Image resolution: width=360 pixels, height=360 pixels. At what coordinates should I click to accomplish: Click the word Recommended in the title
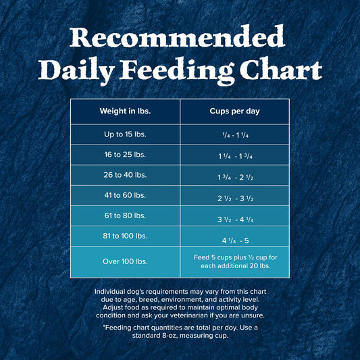[x=180, y=36]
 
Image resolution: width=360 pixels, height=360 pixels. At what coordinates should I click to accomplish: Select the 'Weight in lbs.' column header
[x=125, y=111]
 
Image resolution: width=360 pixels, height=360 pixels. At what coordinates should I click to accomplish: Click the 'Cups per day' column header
[x=234, y=111]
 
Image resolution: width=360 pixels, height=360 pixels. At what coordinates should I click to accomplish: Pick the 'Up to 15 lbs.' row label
[x=125, y=134]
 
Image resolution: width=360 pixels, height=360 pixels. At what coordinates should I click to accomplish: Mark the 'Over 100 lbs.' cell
[x=125, y=261]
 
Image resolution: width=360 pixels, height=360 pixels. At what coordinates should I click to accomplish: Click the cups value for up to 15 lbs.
[x=234, y=135]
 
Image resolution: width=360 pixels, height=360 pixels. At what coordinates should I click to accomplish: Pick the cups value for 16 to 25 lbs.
[x=234, y=157]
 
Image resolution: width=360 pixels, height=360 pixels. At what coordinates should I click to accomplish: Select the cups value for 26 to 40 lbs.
[x=234, y=178]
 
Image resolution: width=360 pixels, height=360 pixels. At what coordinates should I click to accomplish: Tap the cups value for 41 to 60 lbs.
[x=234, y=199]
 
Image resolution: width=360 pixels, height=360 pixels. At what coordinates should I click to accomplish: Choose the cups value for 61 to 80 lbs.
[x=234, y=220]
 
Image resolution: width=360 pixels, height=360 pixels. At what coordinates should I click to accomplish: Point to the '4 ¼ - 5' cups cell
[x=234, y=240]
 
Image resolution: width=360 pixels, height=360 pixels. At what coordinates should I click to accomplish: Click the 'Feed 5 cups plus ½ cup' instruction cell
[x=234, y=261]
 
